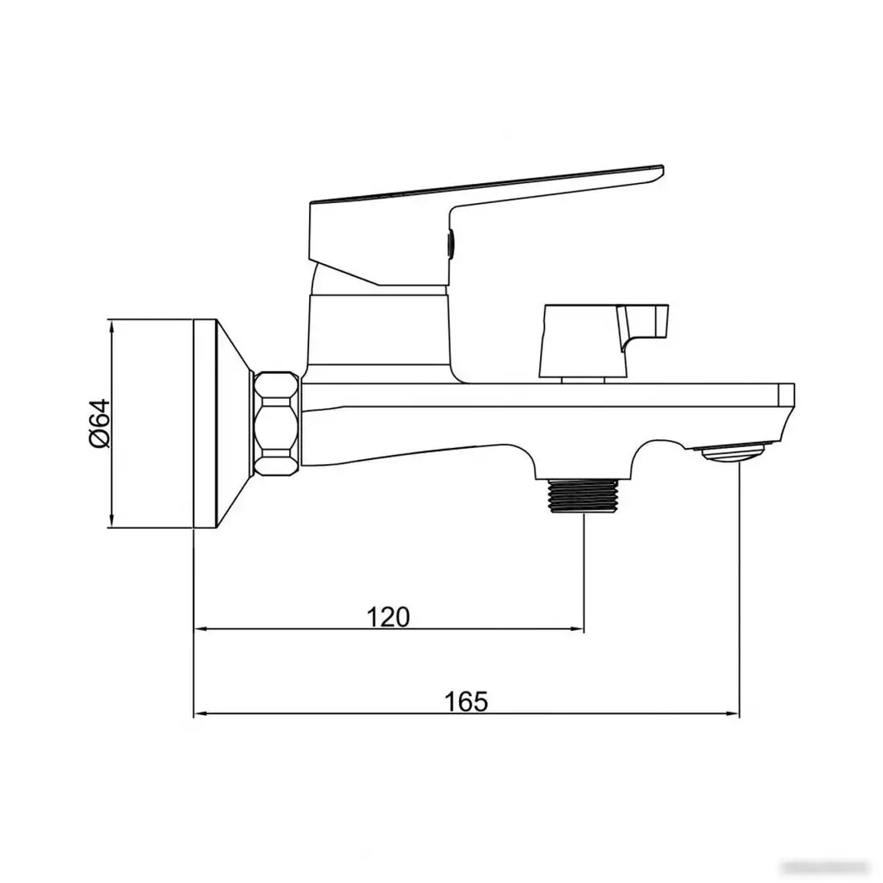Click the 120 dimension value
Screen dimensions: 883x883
point(389,616)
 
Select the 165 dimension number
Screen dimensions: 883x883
point(466,702)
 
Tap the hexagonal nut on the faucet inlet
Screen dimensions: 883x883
point(275,425)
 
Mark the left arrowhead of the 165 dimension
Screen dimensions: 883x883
point(201,714)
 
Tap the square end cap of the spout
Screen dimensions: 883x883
point(786,395)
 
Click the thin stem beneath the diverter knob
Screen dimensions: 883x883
point(583,379)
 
